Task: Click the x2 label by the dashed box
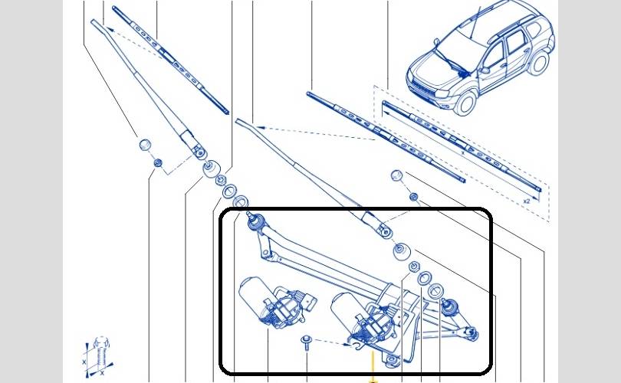point(527,201)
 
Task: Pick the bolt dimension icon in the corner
point(100,358)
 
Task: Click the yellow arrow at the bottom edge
point(373,378)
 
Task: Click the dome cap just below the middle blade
point(397,175)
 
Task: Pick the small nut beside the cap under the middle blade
point(413,197)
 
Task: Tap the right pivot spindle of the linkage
point(451,308)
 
